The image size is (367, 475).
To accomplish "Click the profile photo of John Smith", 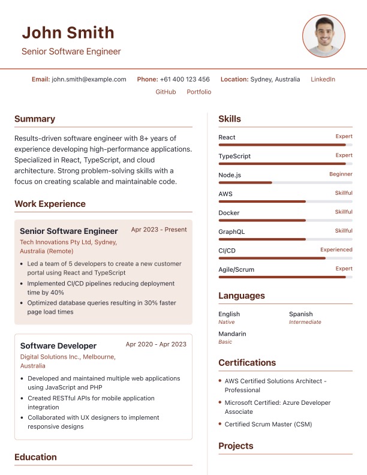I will coord(324,36).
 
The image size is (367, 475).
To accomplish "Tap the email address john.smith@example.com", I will coord(89,79).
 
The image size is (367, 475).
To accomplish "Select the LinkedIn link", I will coord(323,79).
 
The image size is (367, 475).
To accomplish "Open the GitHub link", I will coord(166,92).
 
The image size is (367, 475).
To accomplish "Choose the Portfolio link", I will coord(199,92).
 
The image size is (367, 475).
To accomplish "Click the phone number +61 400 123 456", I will coord(185,79).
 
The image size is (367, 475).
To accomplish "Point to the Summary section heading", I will coord(35,119).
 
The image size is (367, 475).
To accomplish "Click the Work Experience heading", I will coord(50,204).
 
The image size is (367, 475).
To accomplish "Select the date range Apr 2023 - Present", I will coord(159,230).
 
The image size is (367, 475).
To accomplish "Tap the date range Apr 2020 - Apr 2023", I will coord(156,344).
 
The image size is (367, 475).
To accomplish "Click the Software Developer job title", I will coord(58,346).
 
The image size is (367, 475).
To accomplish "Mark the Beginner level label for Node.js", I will coord(341,174).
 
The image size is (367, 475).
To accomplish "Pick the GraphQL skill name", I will coord(232,232).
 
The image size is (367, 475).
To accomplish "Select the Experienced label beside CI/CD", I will coord(336,249).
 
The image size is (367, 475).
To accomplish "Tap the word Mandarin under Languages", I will coord(232,333).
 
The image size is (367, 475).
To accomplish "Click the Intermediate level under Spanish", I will coord(305,322).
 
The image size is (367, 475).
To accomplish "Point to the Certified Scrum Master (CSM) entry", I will coord(268,424).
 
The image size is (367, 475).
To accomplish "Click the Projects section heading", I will coord(236,446).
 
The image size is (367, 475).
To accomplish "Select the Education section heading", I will coord(35,457).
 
